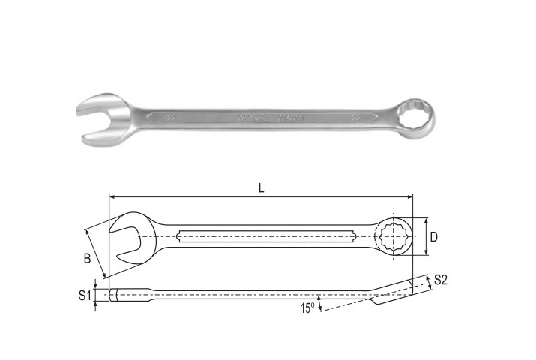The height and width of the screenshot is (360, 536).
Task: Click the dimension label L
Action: coord(261,188)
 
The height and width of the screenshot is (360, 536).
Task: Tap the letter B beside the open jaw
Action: coord(87,259)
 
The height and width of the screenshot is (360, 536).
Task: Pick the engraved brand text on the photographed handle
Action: coord(248,117)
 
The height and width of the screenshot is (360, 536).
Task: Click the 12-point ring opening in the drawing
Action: coord(394,238)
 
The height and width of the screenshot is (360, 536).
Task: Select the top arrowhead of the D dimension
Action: coord(426,221)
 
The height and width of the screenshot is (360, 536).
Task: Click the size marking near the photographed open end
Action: coord(172,118)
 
